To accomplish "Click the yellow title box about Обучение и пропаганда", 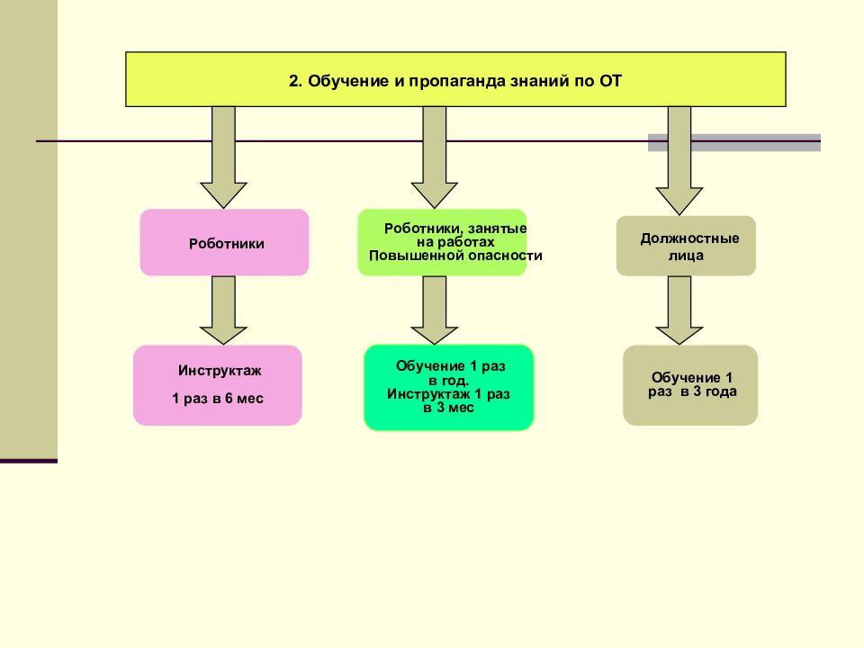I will [x=454, y=79].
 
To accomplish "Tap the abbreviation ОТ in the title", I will [x=610, y=81].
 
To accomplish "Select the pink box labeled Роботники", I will [x=224, y=242].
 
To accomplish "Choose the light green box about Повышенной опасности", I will [x=442, y=242].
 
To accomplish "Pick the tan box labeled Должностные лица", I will [x=685, y=245].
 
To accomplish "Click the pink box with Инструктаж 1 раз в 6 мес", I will [x=217, y=385].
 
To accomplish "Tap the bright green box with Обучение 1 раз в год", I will [x=448, y=387].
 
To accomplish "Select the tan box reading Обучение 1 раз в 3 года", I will [x=690, y=385].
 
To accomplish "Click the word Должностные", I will [x=689, y=238].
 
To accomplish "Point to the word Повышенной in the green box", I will [x=407, y=256].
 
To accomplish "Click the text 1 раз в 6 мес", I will [x=218, y=399].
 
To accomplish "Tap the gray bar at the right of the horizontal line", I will [x=734, y=142].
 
